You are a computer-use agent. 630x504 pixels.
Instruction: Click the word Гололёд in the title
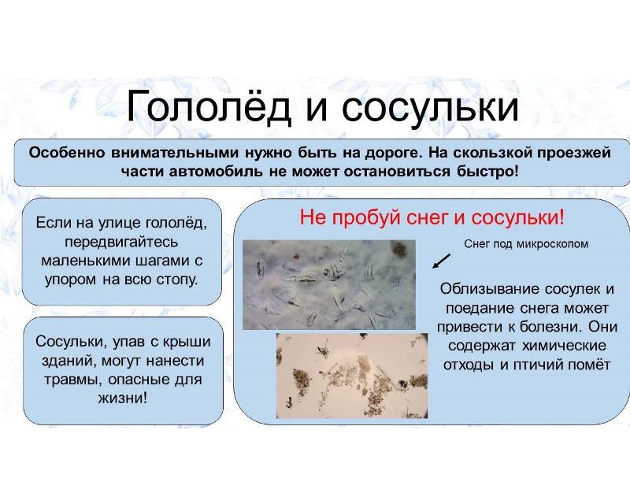(209, 106)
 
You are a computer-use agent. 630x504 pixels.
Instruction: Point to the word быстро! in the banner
(487, 172)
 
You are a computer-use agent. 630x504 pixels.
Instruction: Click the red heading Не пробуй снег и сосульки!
(432, 218)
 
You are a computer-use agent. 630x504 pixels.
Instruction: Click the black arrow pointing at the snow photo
(441, 261)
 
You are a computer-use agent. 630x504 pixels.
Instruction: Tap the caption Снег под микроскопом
(526, 244)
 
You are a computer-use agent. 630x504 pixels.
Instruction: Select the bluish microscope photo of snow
(329, 285)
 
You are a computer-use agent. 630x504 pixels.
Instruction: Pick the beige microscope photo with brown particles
(352, 376)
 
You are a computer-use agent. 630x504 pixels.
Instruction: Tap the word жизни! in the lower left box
(123, 398)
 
